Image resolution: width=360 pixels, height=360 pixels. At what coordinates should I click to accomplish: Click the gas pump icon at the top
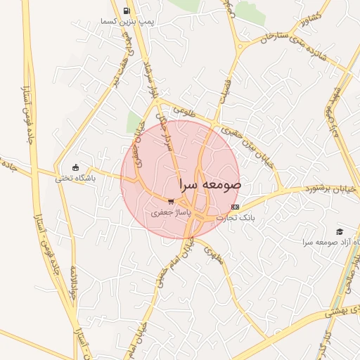[127, 11]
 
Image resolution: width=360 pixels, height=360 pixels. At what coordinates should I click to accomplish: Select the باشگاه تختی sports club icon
[76, 167]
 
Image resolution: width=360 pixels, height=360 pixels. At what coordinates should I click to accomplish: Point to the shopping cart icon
[171, 201]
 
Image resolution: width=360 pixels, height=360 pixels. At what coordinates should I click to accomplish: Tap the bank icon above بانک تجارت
[235, 207]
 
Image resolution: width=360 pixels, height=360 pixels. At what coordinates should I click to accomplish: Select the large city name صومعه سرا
[210, 185]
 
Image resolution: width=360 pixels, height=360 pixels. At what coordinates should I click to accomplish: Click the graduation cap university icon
[340, 231]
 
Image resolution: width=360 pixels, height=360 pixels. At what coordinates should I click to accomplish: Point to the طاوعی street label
[178, 109]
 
